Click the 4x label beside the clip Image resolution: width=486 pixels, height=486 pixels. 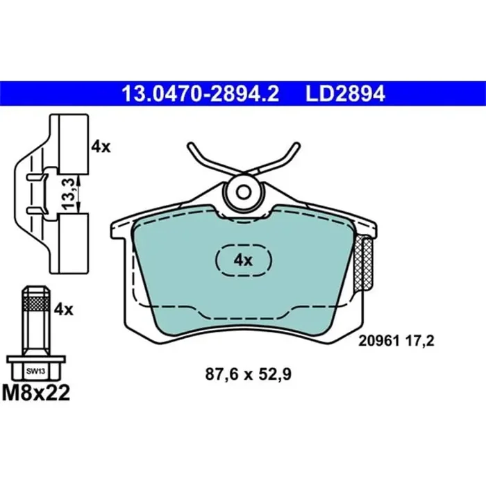tap(101, 146)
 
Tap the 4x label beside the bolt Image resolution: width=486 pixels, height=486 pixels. tap(63, 310)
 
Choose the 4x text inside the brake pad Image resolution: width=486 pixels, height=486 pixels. tap(242, 260)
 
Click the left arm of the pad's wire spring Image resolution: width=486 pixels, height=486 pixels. tap(203, 159)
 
